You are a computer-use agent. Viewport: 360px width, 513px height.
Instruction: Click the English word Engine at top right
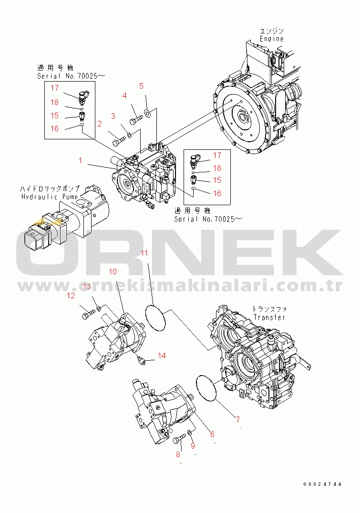click(272, 39)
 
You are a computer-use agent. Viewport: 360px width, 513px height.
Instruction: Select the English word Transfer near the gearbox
click(269, 317)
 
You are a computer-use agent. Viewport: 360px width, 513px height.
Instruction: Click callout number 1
click(81, 161)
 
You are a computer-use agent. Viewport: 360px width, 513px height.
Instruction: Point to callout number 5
click(141, 86)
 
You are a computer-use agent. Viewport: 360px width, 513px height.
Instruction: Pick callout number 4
click(124, 95)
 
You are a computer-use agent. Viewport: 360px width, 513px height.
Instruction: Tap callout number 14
click(162, 355)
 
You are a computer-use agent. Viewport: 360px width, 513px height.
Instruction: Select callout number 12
click(71, 296)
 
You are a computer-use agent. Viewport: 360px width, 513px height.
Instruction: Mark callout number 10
click(113, 272)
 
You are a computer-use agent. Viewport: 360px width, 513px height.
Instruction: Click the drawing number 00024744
click(322, 484)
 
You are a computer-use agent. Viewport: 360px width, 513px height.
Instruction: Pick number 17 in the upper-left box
click(54, 88)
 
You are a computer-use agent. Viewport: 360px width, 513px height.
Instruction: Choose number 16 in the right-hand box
click(217, 193)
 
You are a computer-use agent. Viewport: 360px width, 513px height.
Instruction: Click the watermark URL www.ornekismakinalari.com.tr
click(180, 285)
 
